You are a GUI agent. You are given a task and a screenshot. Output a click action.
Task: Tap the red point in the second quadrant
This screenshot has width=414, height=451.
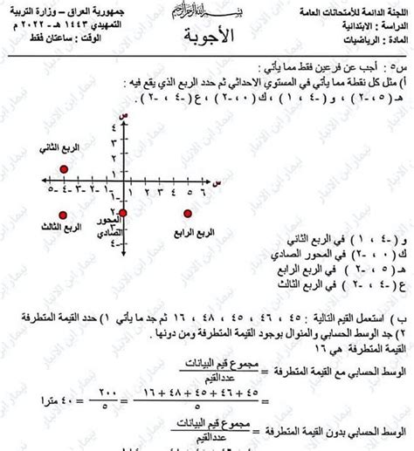tap(62, 169)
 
